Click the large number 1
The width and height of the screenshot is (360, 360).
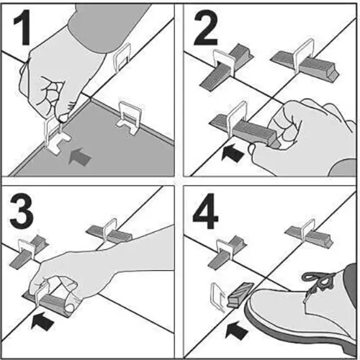(x=22, y=27)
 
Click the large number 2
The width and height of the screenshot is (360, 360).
(x=206, y=27)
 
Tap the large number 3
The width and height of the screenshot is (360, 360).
(x=21, y=211)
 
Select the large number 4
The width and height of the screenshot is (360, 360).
(x=205, y=211)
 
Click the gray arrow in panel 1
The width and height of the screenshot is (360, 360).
(x=80, y=156)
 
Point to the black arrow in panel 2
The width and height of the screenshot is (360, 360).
(x=233, y=153)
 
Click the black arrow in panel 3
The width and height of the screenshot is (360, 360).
(x=42, y=320)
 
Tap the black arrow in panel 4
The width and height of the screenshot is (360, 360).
(x=236, y=330)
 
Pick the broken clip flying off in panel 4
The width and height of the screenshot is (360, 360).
(x=217, y=297)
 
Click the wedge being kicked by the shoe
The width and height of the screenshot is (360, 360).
(x=240, y=295)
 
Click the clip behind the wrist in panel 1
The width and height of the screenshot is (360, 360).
(x=122, y=58)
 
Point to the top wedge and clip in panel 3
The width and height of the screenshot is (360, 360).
(x=109, y=232)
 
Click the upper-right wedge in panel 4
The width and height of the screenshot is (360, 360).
(x=309, y=233)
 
